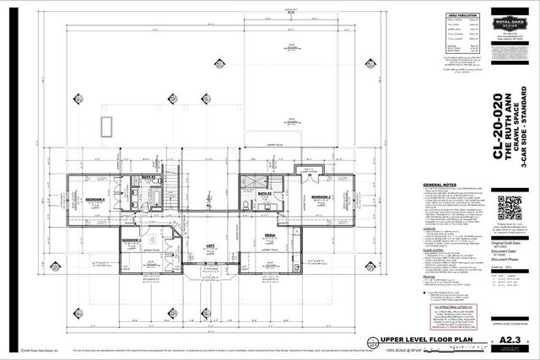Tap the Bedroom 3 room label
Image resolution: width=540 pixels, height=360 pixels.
click(131, 240)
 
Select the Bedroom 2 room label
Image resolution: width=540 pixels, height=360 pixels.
click(320, 196)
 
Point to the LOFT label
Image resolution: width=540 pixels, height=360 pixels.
click(211, 245)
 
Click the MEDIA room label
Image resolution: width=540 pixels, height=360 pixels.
click(271, 236)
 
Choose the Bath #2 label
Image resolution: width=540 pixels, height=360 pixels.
click(263, 193)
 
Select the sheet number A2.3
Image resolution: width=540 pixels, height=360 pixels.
click(509, 339)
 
